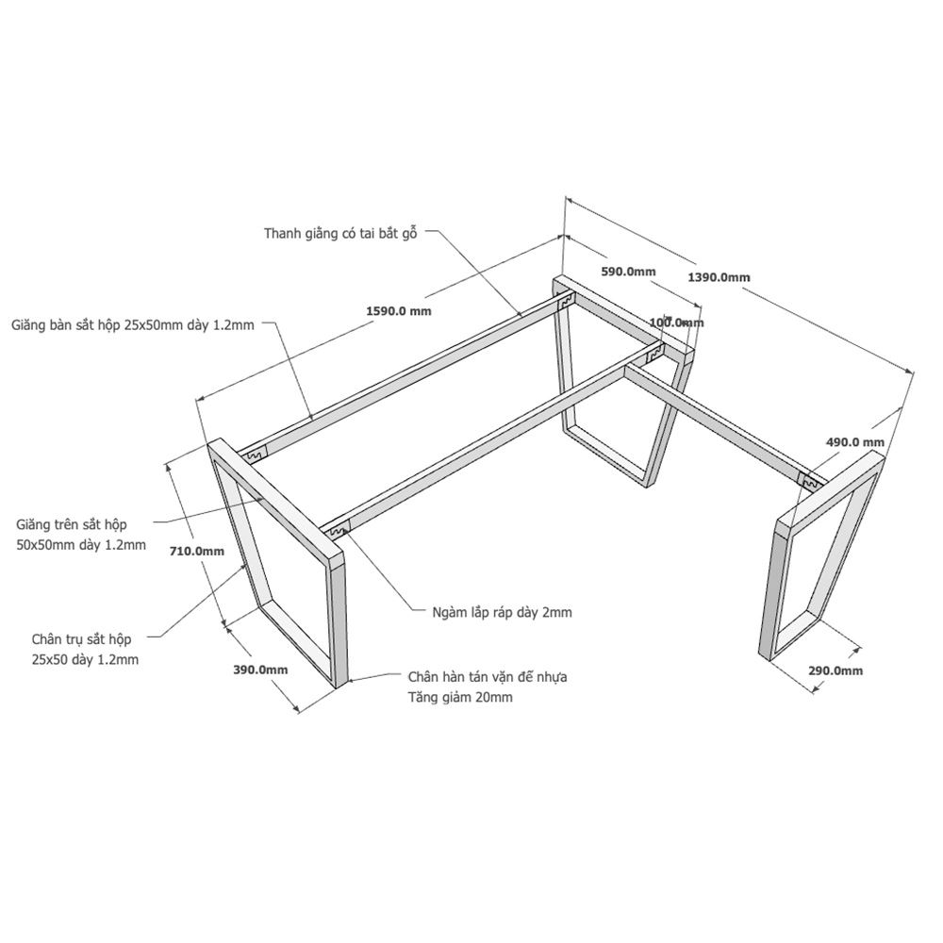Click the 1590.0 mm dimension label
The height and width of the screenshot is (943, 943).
click(x=399, y=311)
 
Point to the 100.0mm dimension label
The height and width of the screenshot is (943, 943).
click(x=676, y=323)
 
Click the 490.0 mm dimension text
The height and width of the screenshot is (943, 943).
click(x=854, y=442)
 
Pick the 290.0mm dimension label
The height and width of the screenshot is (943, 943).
click(x=835, y=670)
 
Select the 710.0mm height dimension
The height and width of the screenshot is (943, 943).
click(x=196, y=551)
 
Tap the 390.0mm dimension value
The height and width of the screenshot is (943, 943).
click(x=260, y=670)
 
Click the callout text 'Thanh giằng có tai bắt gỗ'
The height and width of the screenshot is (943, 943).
click(x=340, y=233)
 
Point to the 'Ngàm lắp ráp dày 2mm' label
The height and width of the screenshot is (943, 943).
click(x=503, y=613)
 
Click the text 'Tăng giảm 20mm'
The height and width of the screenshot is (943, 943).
click(x=460, y=698)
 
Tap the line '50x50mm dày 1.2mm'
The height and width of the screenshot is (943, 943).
click(x=81, y=545)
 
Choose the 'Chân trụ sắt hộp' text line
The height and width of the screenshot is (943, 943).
click(x=81, y=639)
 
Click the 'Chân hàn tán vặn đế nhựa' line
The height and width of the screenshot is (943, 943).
click(x=488, y=677)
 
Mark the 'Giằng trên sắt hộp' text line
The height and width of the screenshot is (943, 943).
click(x=72, y=525)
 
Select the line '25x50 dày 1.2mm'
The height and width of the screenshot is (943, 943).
click(x=86, y=660)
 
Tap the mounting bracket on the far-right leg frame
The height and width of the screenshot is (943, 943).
click(x=811, y=481)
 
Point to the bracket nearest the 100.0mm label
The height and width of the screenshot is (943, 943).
click(x=653, y=356)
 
